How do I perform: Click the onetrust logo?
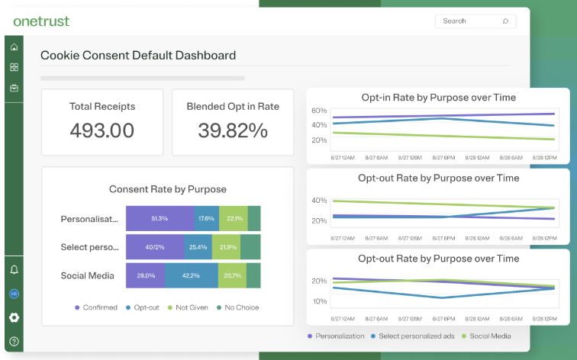(x=41, y=21)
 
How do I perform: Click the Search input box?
(x=475, y=21)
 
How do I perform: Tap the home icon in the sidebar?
(x=14, y=47)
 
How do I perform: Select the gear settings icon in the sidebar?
(x=14, y=317)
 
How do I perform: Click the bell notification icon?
(x=14, y=270)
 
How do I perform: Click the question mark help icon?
(x=14, y=341)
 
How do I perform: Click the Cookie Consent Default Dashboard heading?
(x=138, y=56)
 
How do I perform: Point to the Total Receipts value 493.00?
(x=102, y=130)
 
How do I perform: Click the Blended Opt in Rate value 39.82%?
(x=233, y=130)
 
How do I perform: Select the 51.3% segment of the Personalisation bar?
(x=160, y=218)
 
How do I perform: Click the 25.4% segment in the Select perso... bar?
(x=198, y=247)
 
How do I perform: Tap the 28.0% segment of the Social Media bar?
(x=145, y=275)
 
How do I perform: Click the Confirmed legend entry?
(x=96, y=307)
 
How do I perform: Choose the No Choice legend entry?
(x=236, y=307)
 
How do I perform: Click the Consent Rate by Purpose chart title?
(x=167, y=189)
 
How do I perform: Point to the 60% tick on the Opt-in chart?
(x=319, y=111)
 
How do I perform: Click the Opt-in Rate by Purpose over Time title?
(x=438, y=98)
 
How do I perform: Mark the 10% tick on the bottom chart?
(x=319, y=301)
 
